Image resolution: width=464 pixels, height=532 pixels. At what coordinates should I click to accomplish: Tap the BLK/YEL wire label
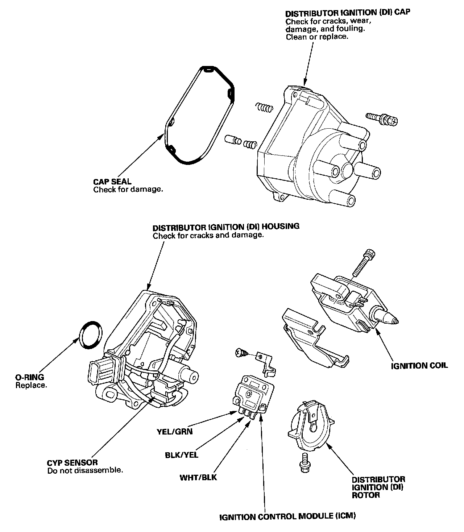(182, 454)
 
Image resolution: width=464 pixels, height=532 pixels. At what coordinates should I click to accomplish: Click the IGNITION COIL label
(419, 365)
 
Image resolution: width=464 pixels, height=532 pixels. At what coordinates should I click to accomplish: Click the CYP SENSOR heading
(72, 463)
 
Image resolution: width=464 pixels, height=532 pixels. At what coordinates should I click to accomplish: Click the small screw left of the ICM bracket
(241, 352)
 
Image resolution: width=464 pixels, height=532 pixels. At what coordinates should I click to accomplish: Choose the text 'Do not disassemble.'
(85, 471)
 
